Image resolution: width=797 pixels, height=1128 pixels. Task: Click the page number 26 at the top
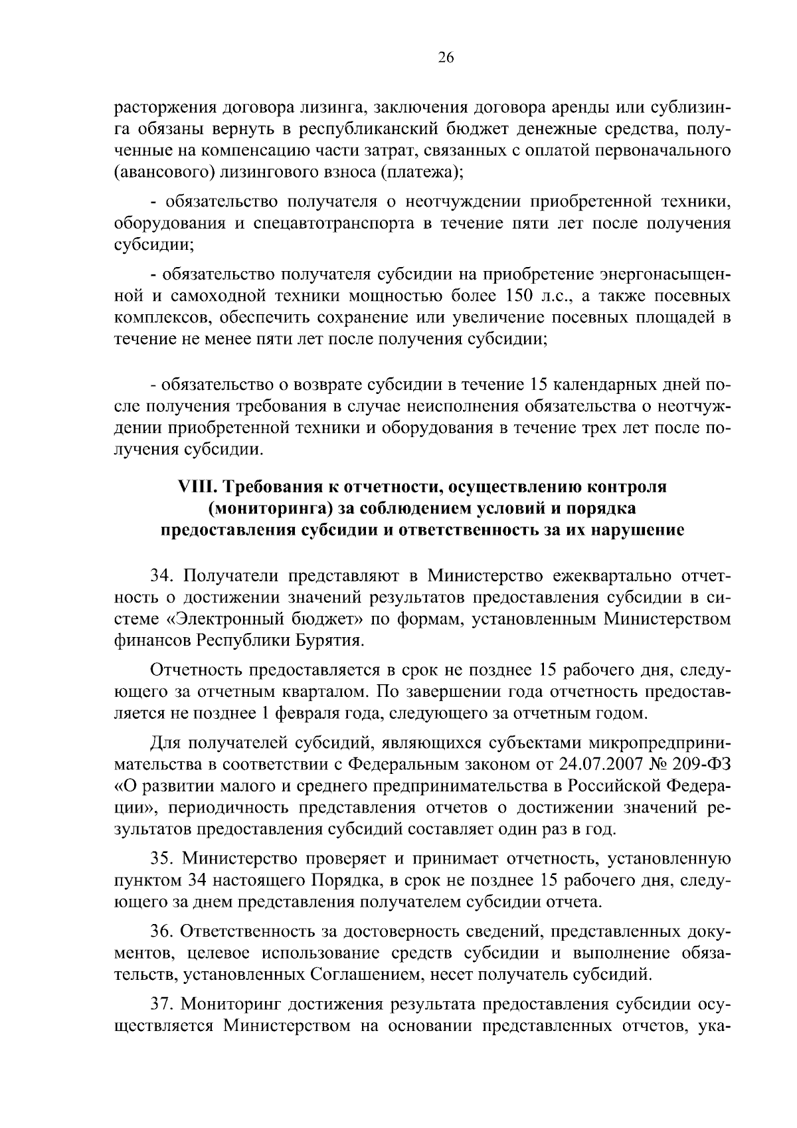click(446, 58)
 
